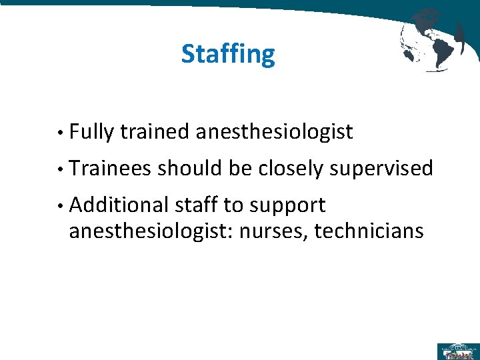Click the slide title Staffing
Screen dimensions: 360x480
227,54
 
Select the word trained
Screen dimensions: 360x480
155,133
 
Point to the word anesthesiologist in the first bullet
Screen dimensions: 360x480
274,133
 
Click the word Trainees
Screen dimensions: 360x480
109,169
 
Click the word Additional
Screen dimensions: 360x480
118,205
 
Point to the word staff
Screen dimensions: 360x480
194,205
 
